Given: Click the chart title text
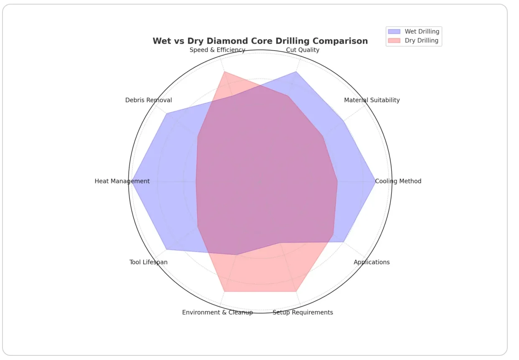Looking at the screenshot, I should [260, 41].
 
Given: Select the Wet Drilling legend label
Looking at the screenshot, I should [422, 31].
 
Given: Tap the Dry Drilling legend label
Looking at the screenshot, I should [421, 41].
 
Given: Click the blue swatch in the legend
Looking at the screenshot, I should [394, 31].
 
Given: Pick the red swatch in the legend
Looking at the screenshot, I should [394, 41].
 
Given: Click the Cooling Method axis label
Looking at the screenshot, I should [398, 181].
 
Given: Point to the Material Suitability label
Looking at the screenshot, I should [371, 100].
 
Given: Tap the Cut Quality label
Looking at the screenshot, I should [303, 50].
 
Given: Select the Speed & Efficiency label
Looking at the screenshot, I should [217, 50].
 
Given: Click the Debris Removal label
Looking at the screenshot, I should [148, 100].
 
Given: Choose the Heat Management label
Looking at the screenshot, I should [122, 181].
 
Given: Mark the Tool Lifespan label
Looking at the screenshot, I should [148, 262].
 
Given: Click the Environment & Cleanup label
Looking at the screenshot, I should [217, 312].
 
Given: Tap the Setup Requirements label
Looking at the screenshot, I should [303, 312].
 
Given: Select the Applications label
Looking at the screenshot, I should [371, 262].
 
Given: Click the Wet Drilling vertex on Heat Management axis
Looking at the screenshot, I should [132, 181].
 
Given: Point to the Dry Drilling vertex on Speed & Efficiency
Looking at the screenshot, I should [224, 72].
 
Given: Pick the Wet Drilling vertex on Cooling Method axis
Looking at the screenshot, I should [375, 181].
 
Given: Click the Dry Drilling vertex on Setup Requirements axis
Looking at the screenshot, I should [296, 291].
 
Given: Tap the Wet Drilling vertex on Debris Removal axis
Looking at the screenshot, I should [166, 113].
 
